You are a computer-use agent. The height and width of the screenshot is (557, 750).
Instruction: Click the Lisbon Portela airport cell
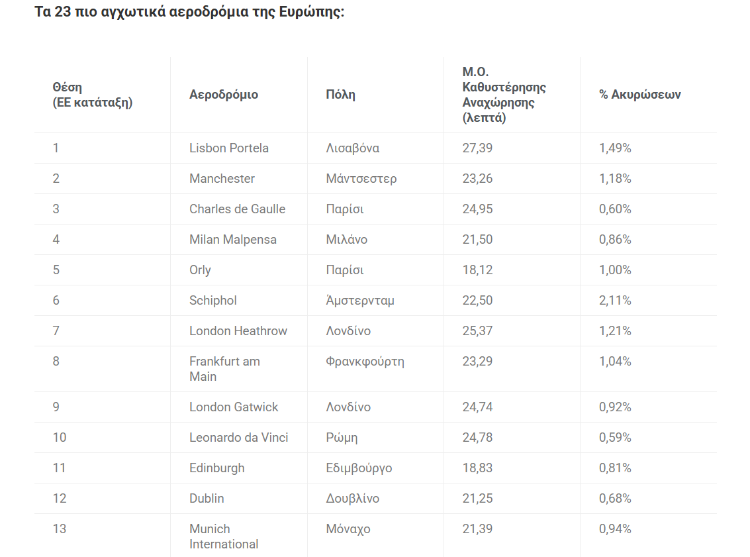[x=228, y=148]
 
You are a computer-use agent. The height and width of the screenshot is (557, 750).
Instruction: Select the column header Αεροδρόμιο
[x=224, y=95]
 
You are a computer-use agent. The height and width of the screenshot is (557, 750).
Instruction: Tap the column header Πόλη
[x=340, y=95]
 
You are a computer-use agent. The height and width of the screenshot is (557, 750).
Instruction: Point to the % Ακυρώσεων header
[x=639, y=95]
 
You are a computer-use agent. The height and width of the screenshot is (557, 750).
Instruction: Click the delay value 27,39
[x=477, y=148]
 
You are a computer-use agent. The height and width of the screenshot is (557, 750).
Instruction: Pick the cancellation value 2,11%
[x=615, y=301]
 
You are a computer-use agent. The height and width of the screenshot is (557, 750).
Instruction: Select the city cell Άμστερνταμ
[x=360, y=301]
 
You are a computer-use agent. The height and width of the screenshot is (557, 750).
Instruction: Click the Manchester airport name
[x=222, y=179]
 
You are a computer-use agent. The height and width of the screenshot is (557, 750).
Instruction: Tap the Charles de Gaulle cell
[x=237, y=209]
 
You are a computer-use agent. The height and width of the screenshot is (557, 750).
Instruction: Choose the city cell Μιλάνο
[x=346, y=240]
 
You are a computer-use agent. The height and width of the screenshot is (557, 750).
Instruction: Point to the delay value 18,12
[x=477, y=270]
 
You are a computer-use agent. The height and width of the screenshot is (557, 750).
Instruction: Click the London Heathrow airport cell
[x=238, y=331]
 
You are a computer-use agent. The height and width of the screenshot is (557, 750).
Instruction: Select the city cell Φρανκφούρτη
[x=365, y=362]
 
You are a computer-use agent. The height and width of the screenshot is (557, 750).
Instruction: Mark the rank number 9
[x=56, y=407]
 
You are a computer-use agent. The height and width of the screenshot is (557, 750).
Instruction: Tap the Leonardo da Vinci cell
[x=238, y=438]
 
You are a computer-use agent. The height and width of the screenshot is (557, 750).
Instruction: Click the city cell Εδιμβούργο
[x=359, y=468]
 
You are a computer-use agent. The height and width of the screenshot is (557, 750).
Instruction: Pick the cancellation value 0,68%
[x=615, y=499]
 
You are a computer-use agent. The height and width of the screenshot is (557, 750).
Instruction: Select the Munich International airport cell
[x=224, y=536]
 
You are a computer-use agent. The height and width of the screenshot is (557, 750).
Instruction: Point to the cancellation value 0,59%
[x=615, y=438]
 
